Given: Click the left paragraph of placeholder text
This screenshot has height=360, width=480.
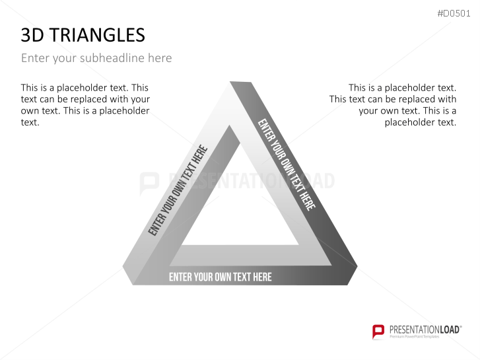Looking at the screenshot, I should tap(85, 104).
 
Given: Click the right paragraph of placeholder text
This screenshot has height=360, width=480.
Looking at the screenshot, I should tap(393, 104).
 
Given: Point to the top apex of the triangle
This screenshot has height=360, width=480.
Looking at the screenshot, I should tap(240, 84).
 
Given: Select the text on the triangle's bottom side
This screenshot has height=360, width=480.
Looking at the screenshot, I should tap(220, 277).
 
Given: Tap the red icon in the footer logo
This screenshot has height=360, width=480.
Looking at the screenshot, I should tap(378, 331).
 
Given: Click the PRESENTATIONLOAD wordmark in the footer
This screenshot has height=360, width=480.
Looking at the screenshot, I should tap(424, 328).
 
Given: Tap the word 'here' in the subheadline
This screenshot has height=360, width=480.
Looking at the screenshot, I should tap(160, 58).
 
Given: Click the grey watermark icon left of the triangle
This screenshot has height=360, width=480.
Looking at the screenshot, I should tap(149, 182).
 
